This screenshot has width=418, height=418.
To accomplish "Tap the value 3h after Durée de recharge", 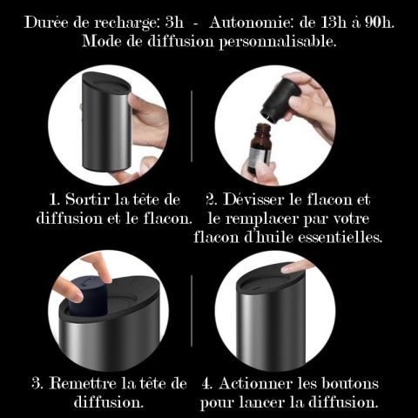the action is coord(174,23).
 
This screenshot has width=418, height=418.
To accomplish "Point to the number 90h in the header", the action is coord(380,23).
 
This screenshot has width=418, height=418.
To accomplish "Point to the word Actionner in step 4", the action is coord(256,383).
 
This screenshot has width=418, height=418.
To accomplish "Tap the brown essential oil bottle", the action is coord(260,147).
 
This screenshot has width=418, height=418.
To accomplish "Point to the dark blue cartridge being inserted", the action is coord(88,294).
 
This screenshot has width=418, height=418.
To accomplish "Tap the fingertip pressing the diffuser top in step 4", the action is coord(290,267).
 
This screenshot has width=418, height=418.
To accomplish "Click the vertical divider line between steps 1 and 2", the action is coord(192,125).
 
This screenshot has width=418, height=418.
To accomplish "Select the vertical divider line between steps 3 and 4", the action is coord(192,310).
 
